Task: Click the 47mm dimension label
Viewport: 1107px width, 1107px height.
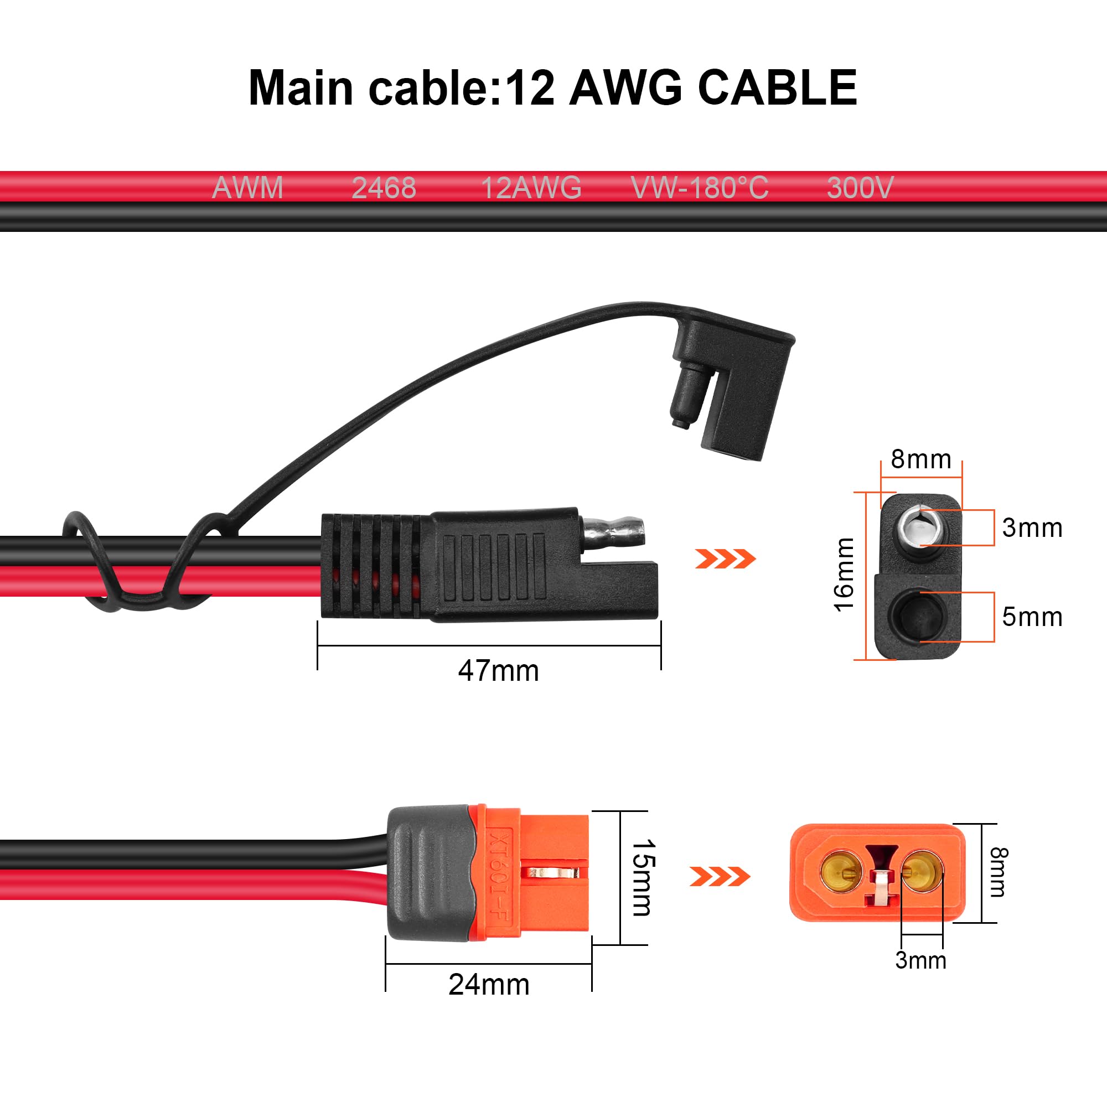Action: coord(499,671)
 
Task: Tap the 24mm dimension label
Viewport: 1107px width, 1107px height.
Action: coord(489,984)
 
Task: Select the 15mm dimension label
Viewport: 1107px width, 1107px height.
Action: coord(642,878)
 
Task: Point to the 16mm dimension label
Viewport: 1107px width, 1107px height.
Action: coord(844,575)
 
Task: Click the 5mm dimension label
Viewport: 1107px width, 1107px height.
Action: coord(1032,617)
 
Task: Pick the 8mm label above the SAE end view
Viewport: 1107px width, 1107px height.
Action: coord(921,459)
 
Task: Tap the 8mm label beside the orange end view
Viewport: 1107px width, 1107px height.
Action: coord(997,872)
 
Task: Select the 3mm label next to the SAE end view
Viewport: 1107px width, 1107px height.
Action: coord(1032,527)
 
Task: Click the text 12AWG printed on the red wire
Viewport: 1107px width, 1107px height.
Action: coord(531,188)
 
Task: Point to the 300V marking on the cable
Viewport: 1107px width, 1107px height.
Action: coord(860,188)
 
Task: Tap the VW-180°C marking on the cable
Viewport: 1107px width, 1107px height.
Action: coord(700,188)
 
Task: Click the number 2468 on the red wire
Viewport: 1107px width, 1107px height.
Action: coord(384,188)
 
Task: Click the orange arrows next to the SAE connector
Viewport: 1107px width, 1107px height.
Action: coord(726,558)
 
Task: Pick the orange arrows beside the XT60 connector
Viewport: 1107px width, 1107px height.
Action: coord(720,877)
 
